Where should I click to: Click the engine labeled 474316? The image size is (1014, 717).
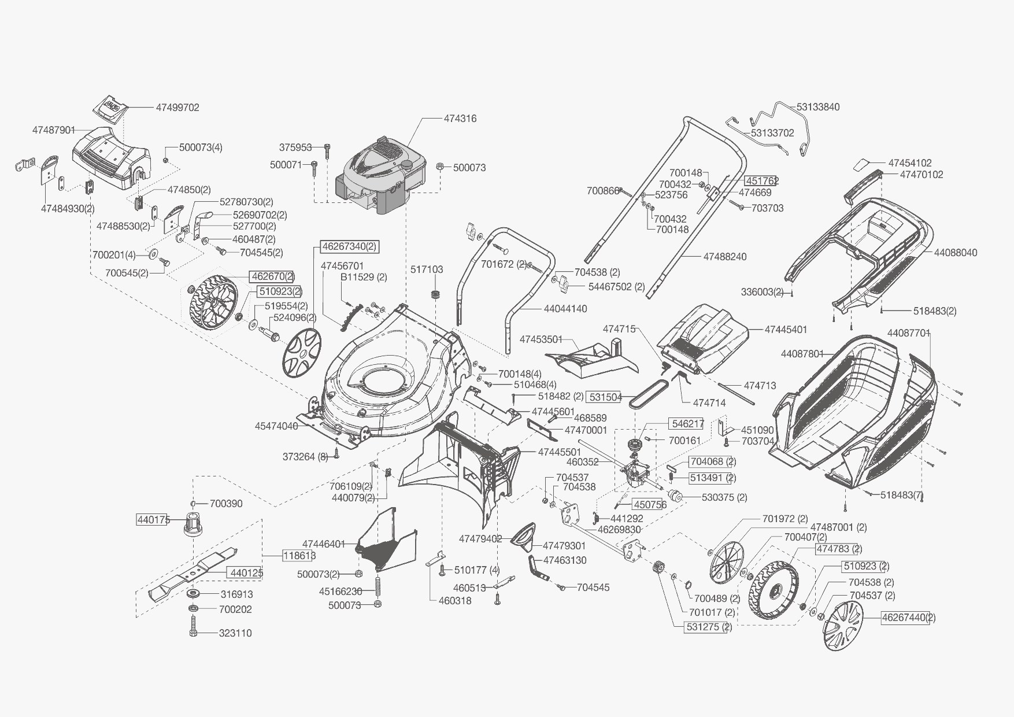pos(382,173)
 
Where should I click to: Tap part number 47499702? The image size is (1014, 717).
pos(177,108)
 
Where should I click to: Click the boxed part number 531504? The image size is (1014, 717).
pos(605,397)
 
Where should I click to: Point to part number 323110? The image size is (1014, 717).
pos(235,633)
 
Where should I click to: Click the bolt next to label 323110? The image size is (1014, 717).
pos(193,627)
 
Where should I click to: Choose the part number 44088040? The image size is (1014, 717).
pos(956,253)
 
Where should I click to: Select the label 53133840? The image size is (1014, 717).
pos(818,107)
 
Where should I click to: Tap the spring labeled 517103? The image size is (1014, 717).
pos(435,293)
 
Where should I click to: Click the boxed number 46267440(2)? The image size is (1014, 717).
pos(908,618)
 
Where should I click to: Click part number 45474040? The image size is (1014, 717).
pos(276,426)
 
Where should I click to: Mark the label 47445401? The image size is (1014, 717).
pos(786,330)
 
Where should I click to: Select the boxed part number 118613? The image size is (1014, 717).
pos(299,556)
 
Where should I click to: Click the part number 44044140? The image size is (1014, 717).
pos(565,309)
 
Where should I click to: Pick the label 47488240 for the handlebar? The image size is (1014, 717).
pos(725,256)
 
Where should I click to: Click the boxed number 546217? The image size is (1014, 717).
pos(687,424)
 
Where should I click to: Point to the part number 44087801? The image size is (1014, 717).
pos(802,354)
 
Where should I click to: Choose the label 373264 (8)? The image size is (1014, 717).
pos(305,457)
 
